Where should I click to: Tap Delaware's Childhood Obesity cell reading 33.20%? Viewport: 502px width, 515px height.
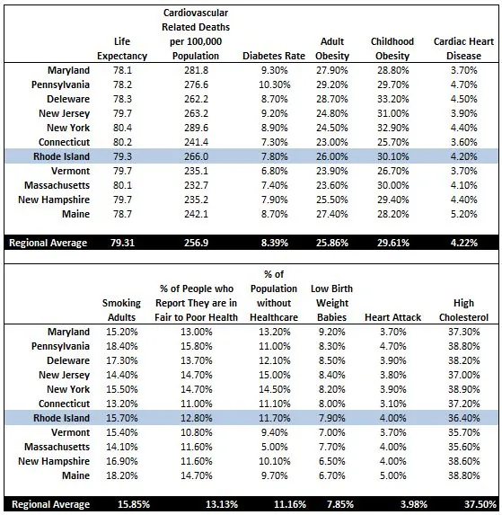click(x=393, y=99)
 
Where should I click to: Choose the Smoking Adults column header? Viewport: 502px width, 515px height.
click(x=121, y=310)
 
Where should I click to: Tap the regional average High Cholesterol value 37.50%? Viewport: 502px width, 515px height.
click(x=471, y=504)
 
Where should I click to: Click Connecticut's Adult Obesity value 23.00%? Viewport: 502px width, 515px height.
click(x=331, y=141)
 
